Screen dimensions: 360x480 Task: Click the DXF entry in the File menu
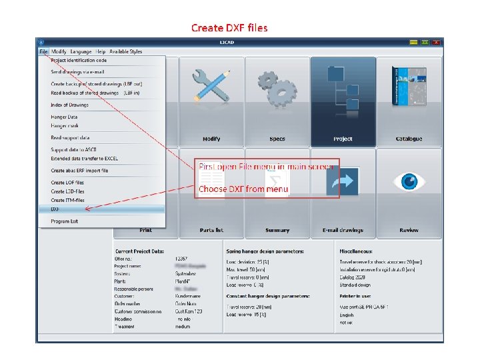pyautogui.click(x=56, y=209)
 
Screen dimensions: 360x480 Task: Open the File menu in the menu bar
pyautogui.click(x=43, y=51)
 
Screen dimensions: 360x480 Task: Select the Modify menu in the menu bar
pyautogui.click(x=59, y=51)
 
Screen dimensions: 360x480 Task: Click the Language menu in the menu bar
pyautogui.click(x=81, y=51)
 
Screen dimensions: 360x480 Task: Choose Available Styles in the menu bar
pyautogui.click(x=126, y=51)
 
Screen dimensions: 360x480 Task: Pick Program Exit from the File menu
pyautogui.click(x=65, y=221)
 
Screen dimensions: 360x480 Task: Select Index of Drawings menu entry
pyautogui.click(x=69, y=105)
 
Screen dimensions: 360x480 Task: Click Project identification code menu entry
pyautogui.click(x=78, y=61)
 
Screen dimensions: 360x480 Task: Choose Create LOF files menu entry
pyautogui.click(x=67, y=183)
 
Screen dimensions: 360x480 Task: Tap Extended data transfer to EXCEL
pyautogui.click(x=83, y=159)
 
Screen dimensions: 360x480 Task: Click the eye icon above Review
pyautogui.click(x=409, y=181)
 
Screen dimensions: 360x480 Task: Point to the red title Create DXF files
pyautogui.click(x=229, y=27)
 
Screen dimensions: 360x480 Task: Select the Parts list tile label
pyautogui.click(x=211, y=231)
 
